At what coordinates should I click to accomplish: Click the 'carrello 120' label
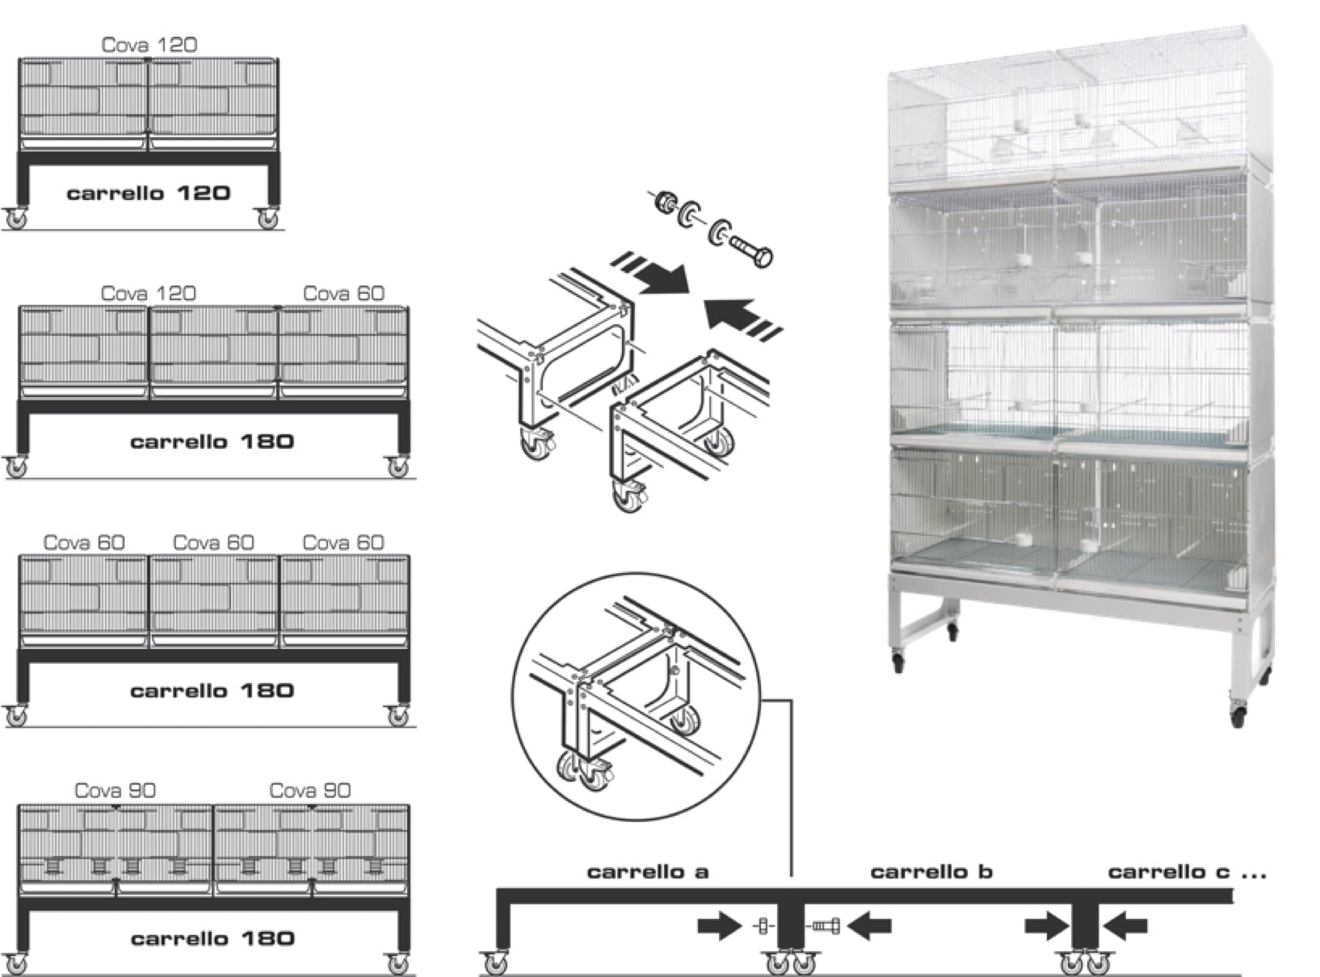(149, 192)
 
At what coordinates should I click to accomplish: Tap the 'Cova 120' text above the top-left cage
(149, 45)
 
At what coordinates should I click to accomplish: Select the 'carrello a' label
(648, 872)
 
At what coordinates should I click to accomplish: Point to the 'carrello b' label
(931, 872)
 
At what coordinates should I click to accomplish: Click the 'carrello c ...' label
(1186, 872)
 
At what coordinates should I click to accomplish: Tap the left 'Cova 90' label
(115, 790)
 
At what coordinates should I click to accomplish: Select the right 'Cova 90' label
(309, 790)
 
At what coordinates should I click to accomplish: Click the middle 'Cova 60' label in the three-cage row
(213, 542)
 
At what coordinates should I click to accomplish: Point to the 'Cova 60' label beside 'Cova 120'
(343, 293)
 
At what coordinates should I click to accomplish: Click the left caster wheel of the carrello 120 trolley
(16, 219)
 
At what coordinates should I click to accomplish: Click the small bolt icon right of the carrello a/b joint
(827, 925)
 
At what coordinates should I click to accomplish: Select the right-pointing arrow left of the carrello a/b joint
(719, 925)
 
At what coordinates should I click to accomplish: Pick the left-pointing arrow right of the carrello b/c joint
(1125, 925)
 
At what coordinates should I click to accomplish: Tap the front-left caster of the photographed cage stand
(898, 663)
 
